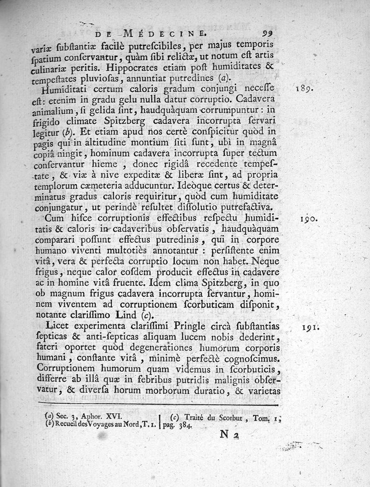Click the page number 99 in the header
pos(268,33)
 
